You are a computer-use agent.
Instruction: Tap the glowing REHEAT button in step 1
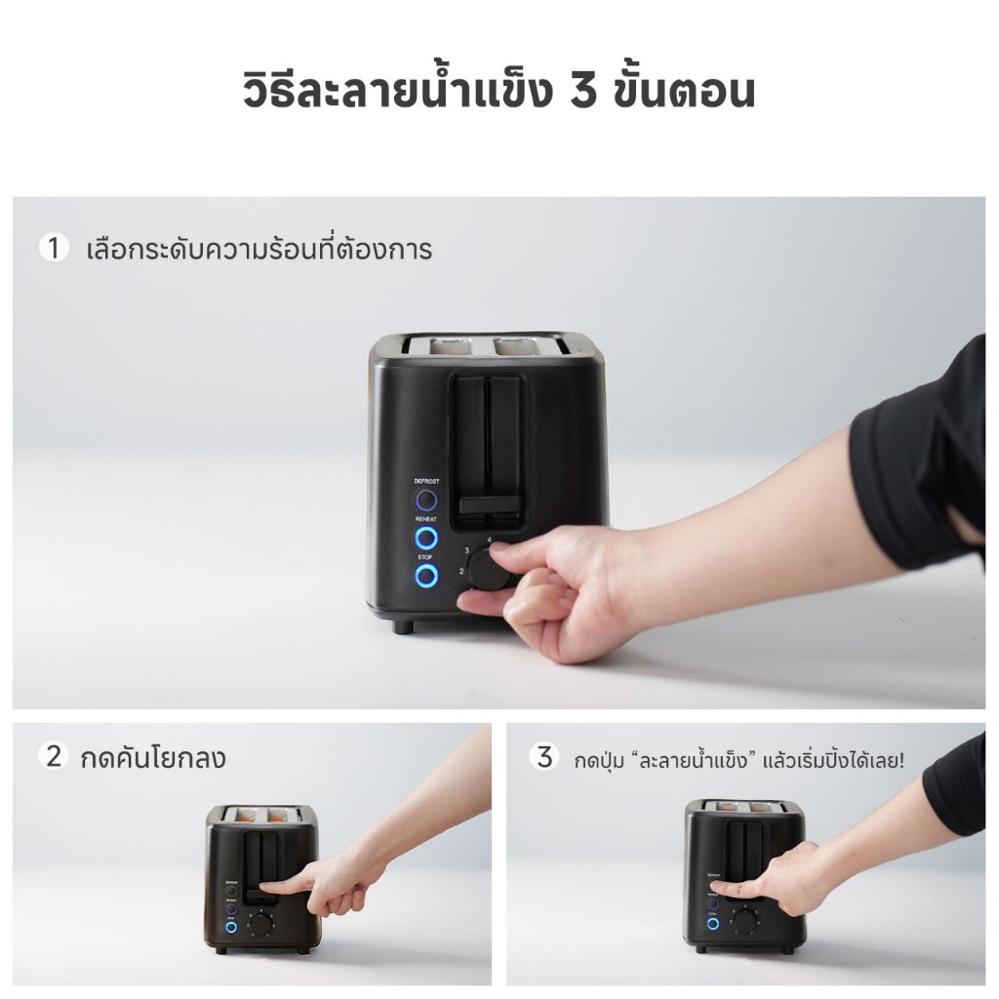[x=425, y=538]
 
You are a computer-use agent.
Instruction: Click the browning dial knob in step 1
[x=489, y=569]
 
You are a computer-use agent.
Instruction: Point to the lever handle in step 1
[x=489, y=504]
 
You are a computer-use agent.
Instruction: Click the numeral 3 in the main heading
[x=584, y=91]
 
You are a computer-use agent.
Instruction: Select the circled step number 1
[x=54, y=248]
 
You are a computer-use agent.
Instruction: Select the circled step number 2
[x=55, y=756]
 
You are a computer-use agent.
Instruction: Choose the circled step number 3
[x=544, y=757]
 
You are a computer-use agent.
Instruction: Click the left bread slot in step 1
[x=434, y=344]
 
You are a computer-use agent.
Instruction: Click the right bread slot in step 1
[x=518, y=344]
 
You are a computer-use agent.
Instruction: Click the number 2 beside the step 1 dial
[x=460, y=571]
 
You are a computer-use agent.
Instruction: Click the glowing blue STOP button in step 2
[x=231, y=925]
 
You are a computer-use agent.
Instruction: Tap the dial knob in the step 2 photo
[x=260, y=923]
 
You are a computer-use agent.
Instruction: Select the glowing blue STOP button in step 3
[x=713, y=923]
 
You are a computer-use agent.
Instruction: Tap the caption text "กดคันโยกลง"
[x=152, y=757]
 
